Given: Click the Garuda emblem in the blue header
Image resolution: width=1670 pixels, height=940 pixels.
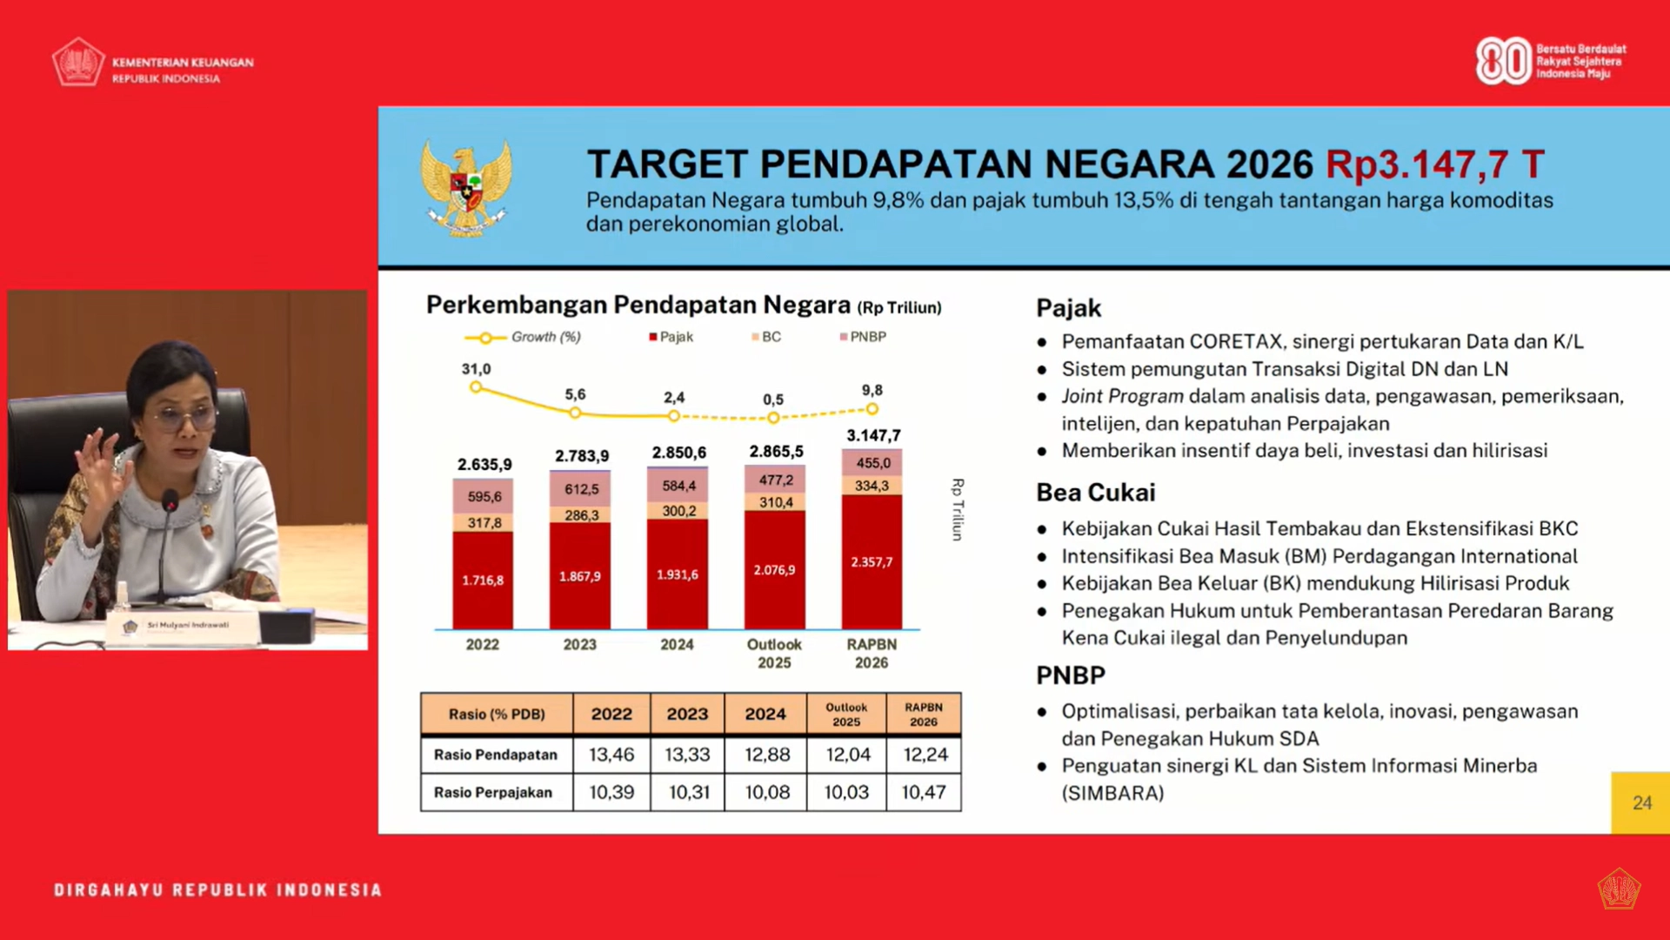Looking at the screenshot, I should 466,188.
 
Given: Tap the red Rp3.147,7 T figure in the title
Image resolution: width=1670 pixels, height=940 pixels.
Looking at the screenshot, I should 1434,164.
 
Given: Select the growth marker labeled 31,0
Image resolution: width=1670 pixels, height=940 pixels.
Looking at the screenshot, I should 476,387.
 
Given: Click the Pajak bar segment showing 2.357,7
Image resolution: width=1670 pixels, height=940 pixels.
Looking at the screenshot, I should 872,562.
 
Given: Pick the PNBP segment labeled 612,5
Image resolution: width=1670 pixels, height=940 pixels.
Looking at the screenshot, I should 581,489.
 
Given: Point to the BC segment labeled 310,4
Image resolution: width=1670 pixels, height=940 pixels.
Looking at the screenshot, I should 775,502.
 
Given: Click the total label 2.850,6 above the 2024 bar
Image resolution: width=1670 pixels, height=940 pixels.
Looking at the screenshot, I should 678,453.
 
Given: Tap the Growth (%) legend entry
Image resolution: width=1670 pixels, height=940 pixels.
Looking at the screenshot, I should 524,337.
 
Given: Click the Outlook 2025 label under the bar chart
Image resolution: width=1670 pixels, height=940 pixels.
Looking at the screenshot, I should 774,653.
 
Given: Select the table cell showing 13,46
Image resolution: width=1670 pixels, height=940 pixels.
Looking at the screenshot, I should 611,755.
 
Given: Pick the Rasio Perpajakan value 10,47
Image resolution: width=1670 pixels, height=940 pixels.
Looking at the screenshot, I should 924,792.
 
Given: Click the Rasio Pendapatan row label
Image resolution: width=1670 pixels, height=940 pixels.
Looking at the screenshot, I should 496,755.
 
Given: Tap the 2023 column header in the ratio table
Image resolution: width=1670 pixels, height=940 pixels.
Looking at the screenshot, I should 687,714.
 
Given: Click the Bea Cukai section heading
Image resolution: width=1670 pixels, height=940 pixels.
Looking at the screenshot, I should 1095,493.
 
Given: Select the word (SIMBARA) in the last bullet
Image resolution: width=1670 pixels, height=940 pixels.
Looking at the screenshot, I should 1112,793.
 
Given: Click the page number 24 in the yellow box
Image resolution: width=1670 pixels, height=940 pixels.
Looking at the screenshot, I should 1641,802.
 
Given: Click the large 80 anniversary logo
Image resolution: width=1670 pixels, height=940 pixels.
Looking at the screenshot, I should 1502,61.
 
